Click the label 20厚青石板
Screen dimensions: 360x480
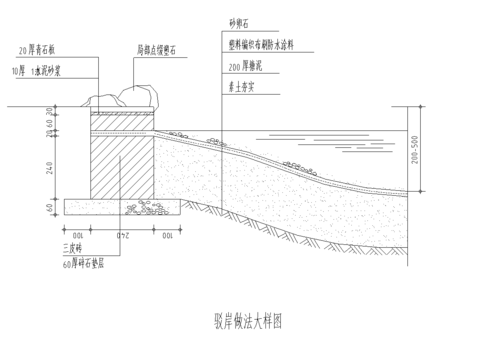42,49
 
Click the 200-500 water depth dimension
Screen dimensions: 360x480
431,158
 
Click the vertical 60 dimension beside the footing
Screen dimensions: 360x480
50,207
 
